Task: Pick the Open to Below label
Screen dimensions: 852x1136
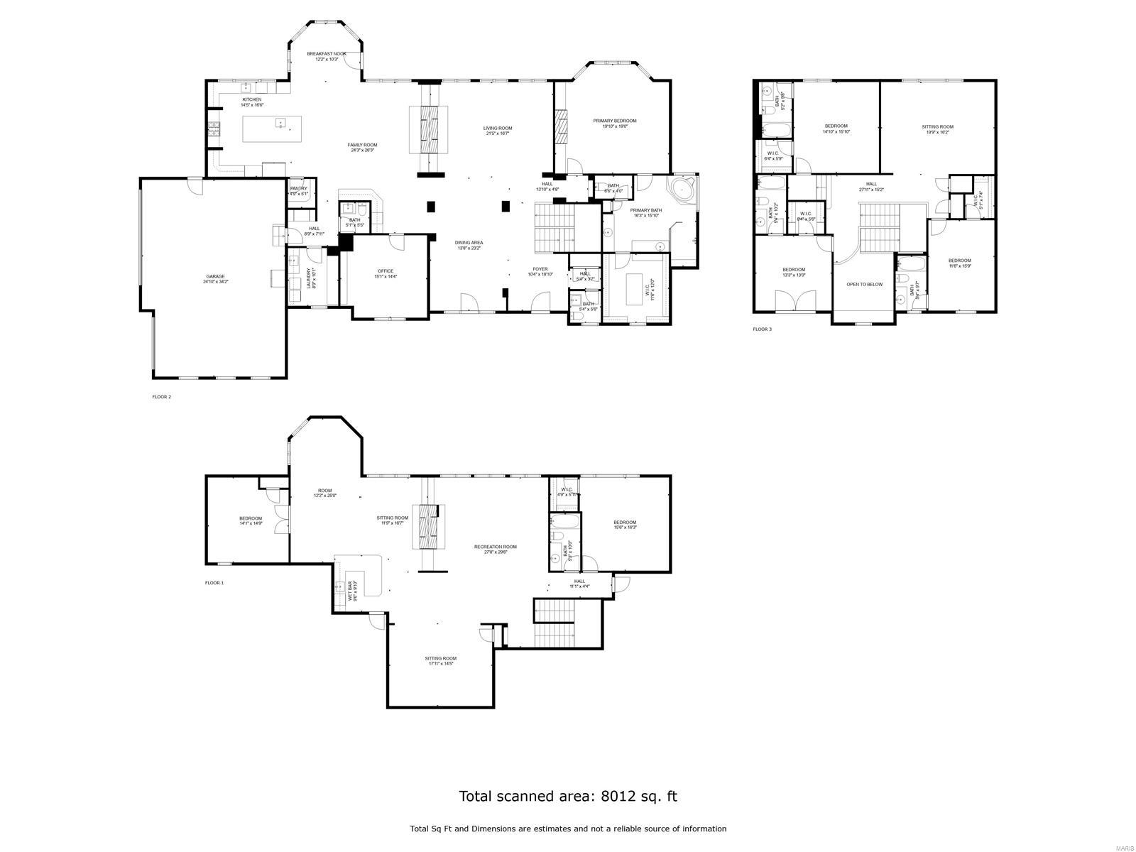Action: tap(864, 284)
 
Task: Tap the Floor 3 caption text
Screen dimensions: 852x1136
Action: tap(762, 329)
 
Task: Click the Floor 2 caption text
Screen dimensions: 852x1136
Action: tap(162, 397)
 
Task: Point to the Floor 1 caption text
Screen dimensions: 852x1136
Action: tap(214, 582)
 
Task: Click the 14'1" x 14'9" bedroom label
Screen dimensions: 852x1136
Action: tap(251, 520)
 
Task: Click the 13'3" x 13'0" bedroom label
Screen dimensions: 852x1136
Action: tap(794, 272)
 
